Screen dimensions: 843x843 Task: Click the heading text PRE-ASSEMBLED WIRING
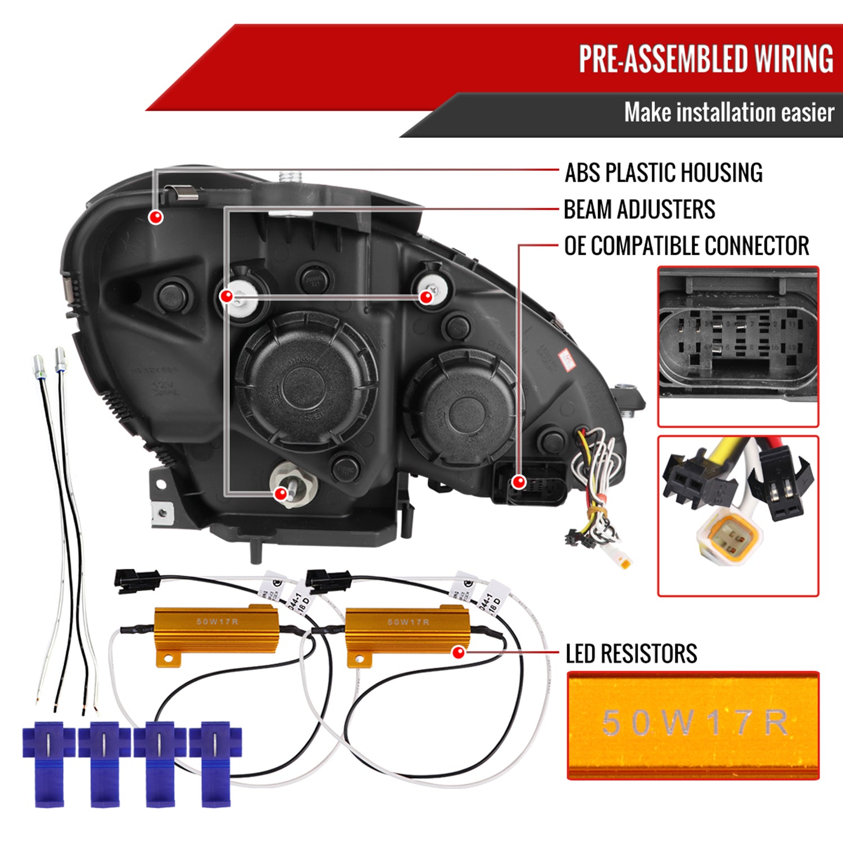click(706, 59)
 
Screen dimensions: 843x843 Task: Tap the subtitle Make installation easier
click(729, 112)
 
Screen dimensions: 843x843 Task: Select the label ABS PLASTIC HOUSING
click(663, 173)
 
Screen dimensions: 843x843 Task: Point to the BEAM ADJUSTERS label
click(639, 210)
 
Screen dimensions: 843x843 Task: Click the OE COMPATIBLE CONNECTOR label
click(686, 246)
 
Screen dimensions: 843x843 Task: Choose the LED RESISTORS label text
click(631, 654)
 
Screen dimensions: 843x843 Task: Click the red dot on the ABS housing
click(156, 217)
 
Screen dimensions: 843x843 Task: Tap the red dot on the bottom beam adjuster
click(280, 494)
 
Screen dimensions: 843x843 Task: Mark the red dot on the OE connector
click(519, 482)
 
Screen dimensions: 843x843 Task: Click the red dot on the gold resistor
click(459, 652)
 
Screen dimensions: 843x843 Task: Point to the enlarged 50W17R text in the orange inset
click(694, 723)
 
